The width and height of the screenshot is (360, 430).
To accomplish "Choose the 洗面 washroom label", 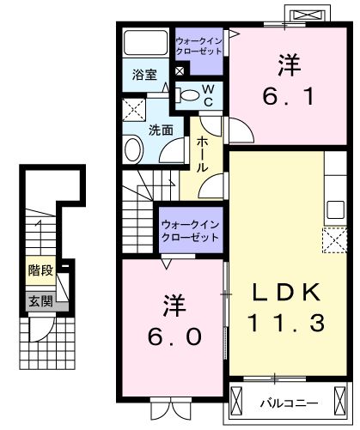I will click(x=160, y=130).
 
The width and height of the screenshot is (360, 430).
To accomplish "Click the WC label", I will click(x=207, y=94).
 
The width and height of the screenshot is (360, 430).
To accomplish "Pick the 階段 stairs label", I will click(x=40, y=270).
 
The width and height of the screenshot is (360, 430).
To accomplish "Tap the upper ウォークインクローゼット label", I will click(x=198, y=45).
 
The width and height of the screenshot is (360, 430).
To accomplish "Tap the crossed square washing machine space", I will click(x=133, y=110).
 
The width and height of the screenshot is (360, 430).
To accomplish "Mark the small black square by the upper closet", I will click(x=179, y=71).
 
